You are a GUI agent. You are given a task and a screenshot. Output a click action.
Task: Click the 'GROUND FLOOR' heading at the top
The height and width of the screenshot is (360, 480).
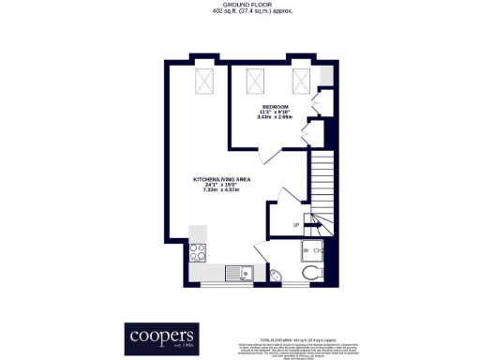pos(240,5)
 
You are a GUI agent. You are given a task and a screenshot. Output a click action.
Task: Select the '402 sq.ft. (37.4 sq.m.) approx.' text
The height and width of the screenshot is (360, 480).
pos(240,12)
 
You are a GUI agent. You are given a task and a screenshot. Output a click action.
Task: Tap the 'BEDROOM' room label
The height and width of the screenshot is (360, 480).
pos(275,106)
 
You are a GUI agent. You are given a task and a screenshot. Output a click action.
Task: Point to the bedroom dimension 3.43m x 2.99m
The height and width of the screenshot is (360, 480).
pos(275,118)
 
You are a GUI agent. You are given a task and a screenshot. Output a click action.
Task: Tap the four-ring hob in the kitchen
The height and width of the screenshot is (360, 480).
pos(199,250)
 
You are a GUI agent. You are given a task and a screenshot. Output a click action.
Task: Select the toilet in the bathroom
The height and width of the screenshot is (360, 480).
pos(310,273)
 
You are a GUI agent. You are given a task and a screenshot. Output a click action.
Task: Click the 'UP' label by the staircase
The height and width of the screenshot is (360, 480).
pos(296,225)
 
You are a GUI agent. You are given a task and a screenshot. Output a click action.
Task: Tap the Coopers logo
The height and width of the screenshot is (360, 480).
pos(160,337)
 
